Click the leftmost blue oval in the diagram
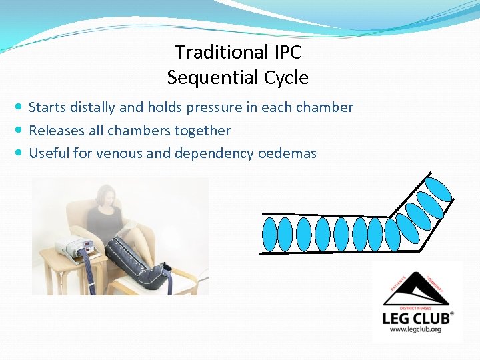[270, 234]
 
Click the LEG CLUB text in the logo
[417, 318]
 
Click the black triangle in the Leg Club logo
[416, 289]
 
